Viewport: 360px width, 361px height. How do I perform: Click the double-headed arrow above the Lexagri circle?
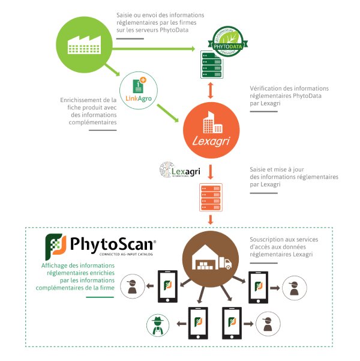click(x=210, y=90)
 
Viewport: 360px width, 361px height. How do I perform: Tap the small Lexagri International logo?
click(x=179, y=171)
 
